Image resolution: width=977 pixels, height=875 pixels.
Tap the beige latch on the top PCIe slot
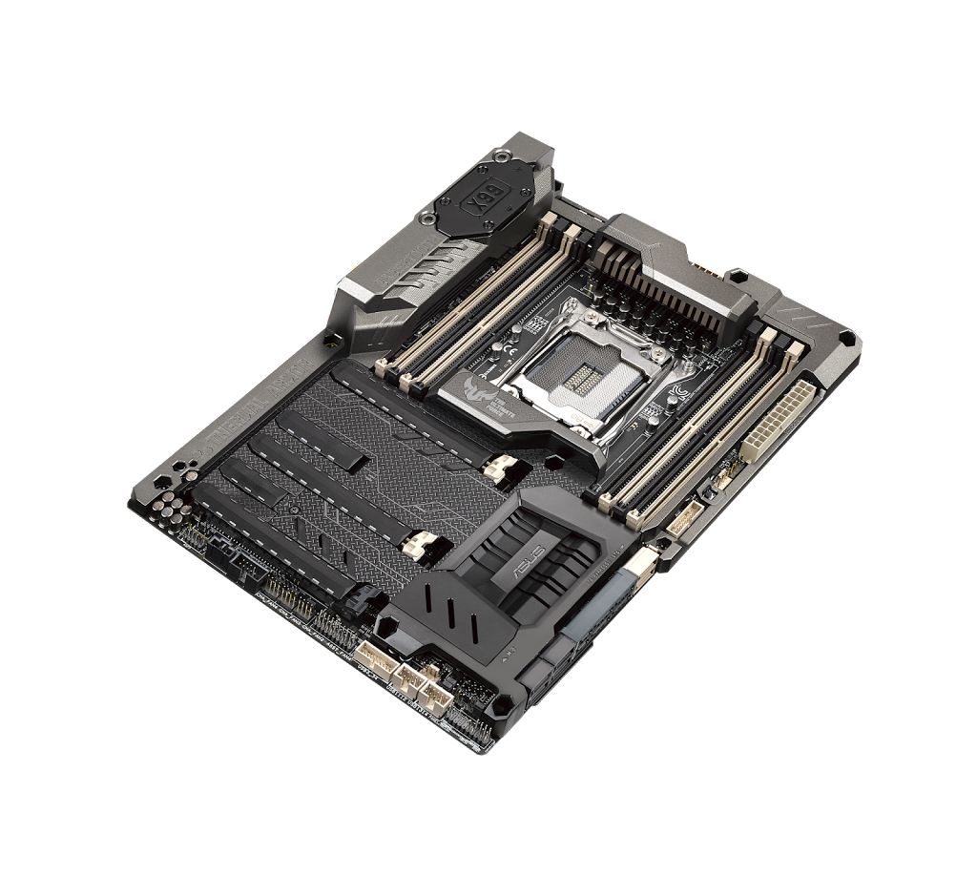[498, 467]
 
